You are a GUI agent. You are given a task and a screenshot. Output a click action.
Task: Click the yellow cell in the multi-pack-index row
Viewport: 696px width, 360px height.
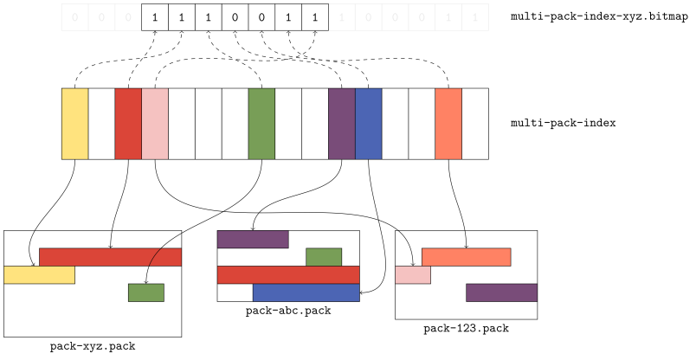(75, 124)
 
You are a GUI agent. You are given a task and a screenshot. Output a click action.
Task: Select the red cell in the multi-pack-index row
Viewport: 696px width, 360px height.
(128, 124)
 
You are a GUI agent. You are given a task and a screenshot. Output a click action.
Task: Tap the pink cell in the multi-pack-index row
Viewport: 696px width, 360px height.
(155, 124)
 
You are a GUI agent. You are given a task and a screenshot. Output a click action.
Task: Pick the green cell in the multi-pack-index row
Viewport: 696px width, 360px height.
(261, 124)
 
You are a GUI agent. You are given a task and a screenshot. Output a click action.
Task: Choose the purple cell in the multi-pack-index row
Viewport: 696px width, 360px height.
(342, 124)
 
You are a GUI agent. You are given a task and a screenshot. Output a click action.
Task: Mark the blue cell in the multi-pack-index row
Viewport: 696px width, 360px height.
(369, 124)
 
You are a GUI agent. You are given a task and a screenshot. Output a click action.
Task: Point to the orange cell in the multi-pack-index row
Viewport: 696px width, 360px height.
(448, 124)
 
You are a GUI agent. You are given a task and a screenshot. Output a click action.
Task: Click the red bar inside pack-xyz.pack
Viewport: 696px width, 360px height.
(110, 257)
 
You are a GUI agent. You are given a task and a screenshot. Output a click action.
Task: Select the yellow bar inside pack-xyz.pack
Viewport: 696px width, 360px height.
(39, 275)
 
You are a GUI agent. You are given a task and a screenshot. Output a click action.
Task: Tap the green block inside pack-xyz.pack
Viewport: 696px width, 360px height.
(146, 292)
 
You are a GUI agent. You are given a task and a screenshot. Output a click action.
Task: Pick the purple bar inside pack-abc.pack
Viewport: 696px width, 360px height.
(253, 240)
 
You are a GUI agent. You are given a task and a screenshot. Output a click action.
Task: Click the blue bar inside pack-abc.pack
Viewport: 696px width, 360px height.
(306, 292)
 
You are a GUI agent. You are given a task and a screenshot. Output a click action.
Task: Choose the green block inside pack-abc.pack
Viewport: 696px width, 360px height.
(324, 257)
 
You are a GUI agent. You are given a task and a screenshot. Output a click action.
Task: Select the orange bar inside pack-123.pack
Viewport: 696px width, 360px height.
(466, 257)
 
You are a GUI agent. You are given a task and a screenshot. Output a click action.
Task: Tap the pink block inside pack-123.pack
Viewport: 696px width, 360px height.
(413, 275)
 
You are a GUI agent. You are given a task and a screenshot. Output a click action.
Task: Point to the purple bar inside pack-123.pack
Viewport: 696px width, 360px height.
(501, 292)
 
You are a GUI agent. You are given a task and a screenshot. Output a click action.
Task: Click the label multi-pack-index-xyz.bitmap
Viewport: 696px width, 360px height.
(599, 16)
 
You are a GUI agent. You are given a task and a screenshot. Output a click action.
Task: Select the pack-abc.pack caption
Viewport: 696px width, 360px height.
(288, 311)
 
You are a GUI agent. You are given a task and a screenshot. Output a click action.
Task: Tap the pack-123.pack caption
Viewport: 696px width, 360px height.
(466, 329)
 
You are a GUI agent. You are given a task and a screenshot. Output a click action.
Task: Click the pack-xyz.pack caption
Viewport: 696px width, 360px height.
(93, 346)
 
